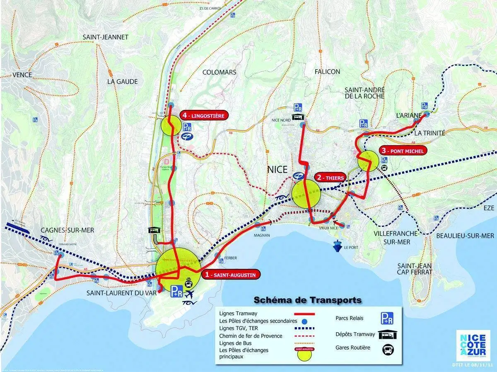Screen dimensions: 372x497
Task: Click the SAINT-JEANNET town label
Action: tap(105, 37)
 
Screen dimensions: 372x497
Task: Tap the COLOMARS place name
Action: tap(219, 72)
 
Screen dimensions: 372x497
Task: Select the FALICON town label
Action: tap(327, 72)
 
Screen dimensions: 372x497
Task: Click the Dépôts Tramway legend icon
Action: tap(387, 334)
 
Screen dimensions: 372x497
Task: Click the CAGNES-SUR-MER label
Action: tap(68, 230)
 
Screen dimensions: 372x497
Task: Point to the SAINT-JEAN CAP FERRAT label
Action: tap(415, 269)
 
